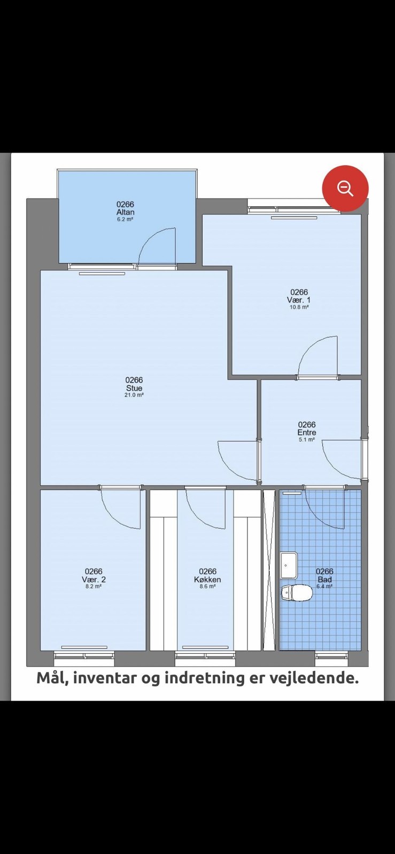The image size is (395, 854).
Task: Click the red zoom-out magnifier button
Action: click(x=345, y=188)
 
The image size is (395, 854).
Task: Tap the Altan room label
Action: click(x=125, y=212)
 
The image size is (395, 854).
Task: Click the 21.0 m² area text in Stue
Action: click(x=134, y=395)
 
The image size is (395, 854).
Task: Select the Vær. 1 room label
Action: click(x=299, y=299)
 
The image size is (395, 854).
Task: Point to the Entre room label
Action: click(x=307, y=432)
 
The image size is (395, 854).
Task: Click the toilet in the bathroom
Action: click(x=297, y=593)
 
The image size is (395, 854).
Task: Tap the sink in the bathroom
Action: click(x=289, y=565)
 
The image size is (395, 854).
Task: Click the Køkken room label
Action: click(x=207, y=580)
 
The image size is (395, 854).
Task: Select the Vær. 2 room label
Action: click(x=94, y=580)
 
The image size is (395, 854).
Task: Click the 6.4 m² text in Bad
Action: click(x=324, y=587)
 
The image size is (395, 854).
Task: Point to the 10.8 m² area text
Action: click(x=299, y=307)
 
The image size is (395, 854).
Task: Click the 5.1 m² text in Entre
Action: click(x=307, y=440)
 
